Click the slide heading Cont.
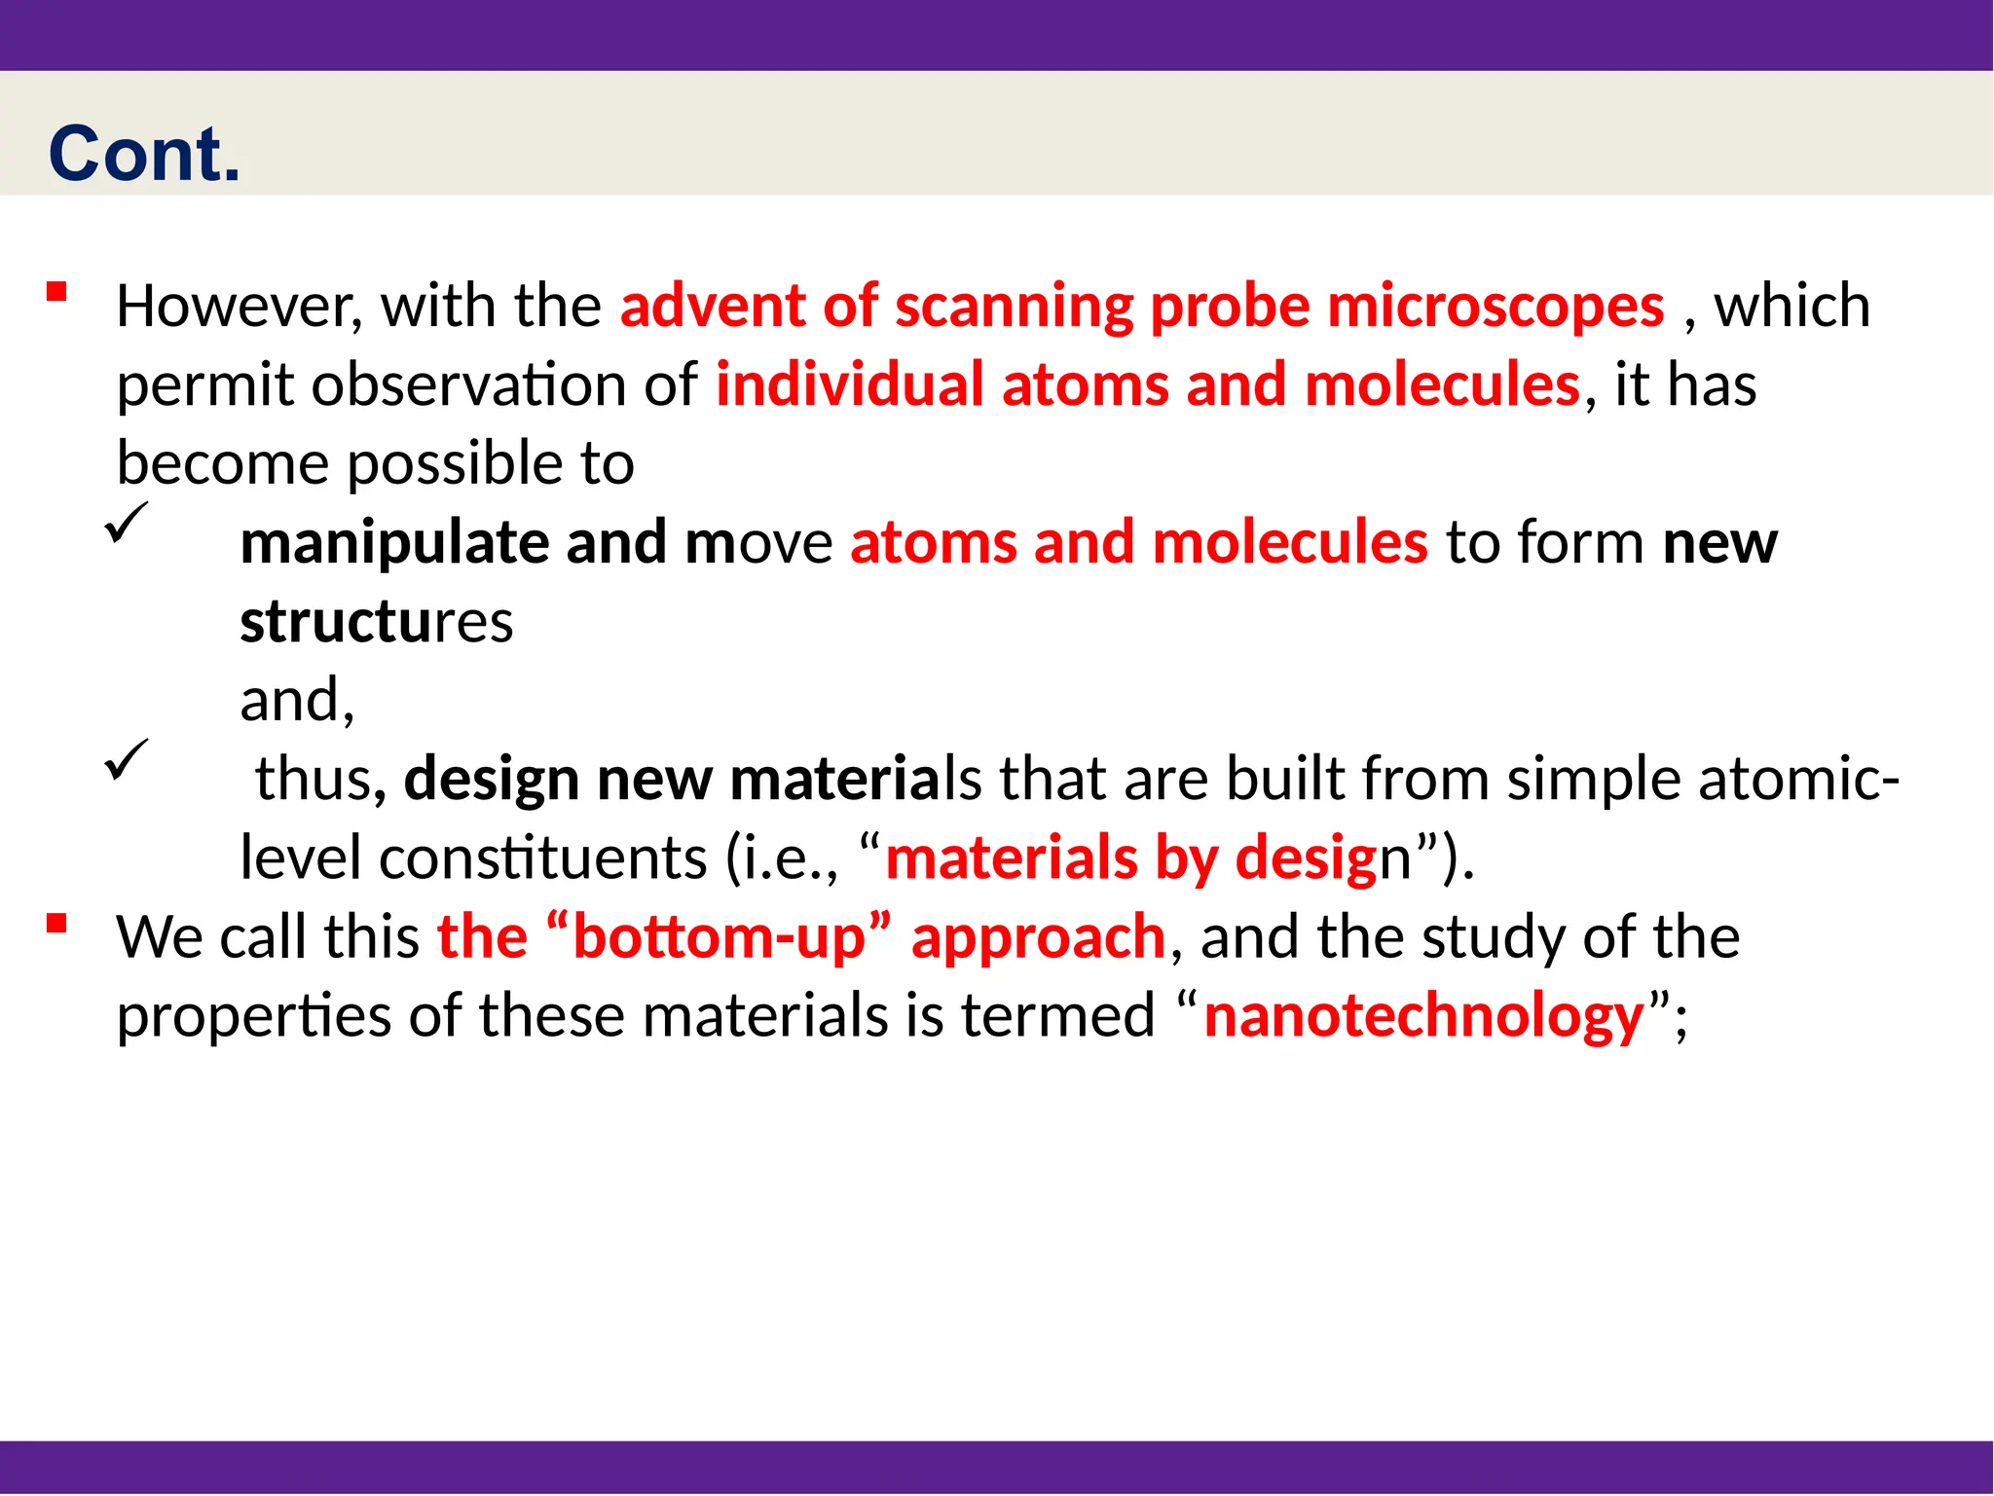(x=144, y=155)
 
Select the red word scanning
(x=1014, y=307)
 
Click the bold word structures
(x=376, y=622)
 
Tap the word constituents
(x=542, y=858)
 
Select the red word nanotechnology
(x=1424, y=1016)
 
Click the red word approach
(x=1038, y=937)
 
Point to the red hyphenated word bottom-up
(x=719, y=937)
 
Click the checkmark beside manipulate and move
(x=127, y=523)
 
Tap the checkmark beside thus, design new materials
(x=127, y=759)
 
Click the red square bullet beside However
(x=56, y=291)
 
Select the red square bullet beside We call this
(x=56, y=923)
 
